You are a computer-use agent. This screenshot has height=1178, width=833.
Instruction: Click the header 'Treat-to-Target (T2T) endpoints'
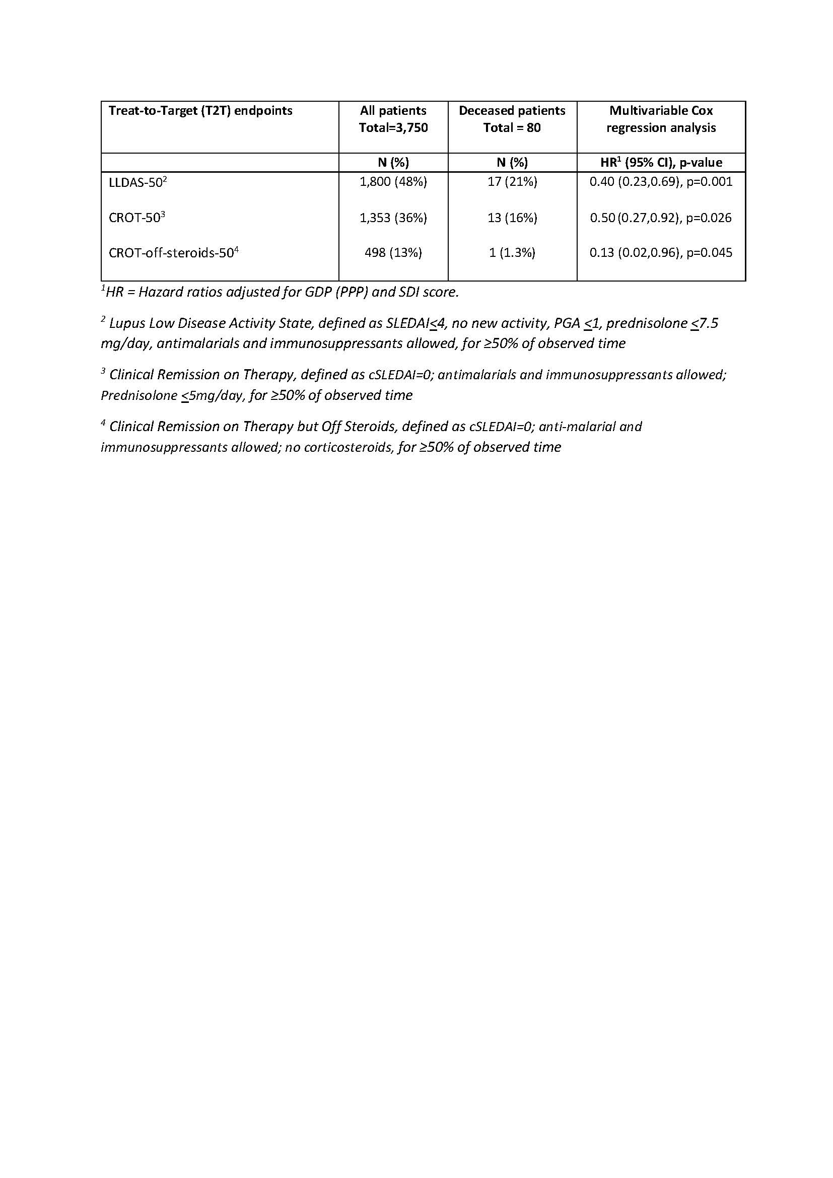(200, 111)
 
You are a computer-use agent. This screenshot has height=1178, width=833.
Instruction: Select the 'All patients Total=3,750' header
(393, 119)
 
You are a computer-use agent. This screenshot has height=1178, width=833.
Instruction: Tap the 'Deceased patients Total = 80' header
(512, 119)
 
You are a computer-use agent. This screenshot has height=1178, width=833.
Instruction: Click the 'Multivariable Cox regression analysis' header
(661, 119)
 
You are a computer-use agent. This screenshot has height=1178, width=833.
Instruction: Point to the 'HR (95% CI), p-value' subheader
(661, 163)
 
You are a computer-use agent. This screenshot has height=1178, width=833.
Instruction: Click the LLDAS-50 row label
(137, 182)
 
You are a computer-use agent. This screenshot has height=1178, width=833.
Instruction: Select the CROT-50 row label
(136, 218)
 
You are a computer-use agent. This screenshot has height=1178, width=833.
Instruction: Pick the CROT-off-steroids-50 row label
(173, 253)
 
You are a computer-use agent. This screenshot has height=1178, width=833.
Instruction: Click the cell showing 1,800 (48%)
(393, 182)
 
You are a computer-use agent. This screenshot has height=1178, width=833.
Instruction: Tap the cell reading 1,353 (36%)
(393, 218)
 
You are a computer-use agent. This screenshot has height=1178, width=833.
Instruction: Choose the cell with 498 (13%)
(393, 252)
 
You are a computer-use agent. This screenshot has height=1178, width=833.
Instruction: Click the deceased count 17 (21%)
(512, 182)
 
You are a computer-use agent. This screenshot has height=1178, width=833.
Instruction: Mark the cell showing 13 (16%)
(512, 218)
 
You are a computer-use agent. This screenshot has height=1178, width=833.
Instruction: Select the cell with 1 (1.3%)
(512, 252)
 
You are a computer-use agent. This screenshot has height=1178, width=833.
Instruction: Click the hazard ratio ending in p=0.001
(661, 182)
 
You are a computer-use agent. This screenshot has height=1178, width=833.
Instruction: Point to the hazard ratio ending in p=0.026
(661, 218)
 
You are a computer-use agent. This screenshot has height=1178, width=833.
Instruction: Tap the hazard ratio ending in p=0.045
(661, 252)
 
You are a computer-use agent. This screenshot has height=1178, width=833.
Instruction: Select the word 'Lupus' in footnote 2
(123, 324)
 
